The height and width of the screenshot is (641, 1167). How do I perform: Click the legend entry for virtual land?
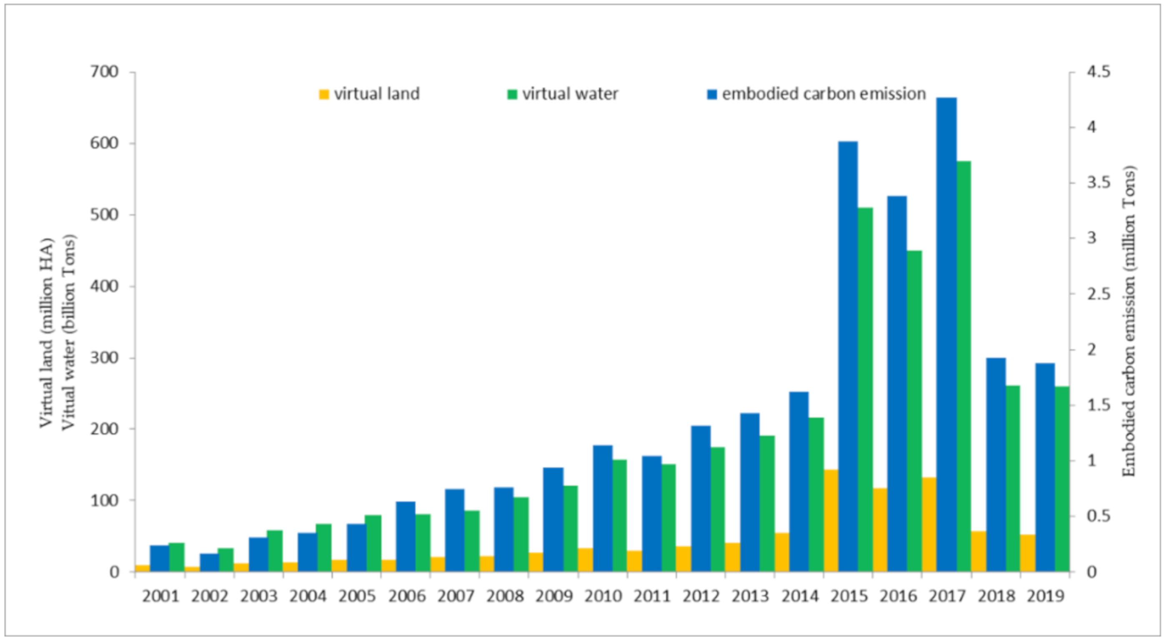(369, 94)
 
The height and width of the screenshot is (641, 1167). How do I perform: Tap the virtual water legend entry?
(562, 94)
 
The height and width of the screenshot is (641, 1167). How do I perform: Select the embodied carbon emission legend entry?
(816, 94)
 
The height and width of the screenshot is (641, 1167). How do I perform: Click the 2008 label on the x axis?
(505, 596)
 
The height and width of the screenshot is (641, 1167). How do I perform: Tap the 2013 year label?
(751, 596)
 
